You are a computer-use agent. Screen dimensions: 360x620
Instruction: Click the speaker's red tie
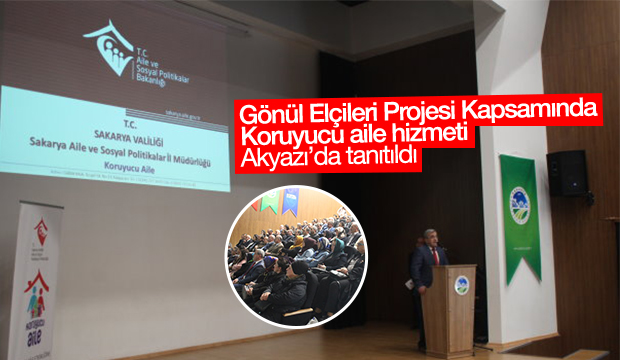coord(435,257)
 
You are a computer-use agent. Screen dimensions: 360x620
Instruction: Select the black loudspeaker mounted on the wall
coord(566,172)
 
